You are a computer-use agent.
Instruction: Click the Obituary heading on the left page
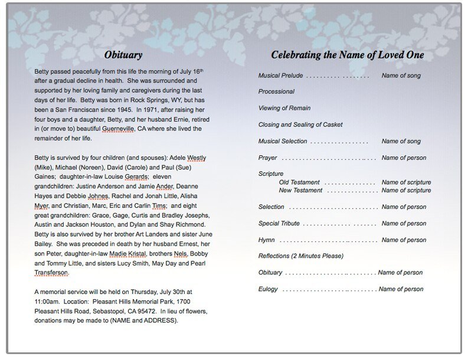[x=123, y=55]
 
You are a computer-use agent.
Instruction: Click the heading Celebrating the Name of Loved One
[x=347, y=55]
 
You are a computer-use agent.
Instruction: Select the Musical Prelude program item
[x=280, y=76]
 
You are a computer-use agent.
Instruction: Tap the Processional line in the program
[x=276, y=92]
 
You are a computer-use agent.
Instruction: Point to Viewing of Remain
[x=284, y=109]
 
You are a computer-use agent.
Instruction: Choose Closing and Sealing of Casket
[x=300, y=125]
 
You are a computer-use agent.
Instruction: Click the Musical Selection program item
[x=283, y=142]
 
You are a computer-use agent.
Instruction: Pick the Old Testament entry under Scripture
[x=299, y=182]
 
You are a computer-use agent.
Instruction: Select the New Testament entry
[x=300, y=191]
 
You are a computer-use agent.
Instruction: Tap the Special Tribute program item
[x=279, y=224]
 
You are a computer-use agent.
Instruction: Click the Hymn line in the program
[x=267, y=240]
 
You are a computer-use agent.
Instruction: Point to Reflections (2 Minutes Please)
[x=301, y=256]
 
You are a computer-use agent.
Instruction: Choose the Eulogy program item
[x=268, y=289]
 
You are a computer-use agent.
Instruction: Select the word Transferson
[x=52, y=273]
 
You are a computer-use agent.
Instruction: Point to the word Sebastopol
[x=110, y=311]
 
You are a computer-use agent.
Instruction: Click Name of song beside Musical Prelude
[x=401, y=76]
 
